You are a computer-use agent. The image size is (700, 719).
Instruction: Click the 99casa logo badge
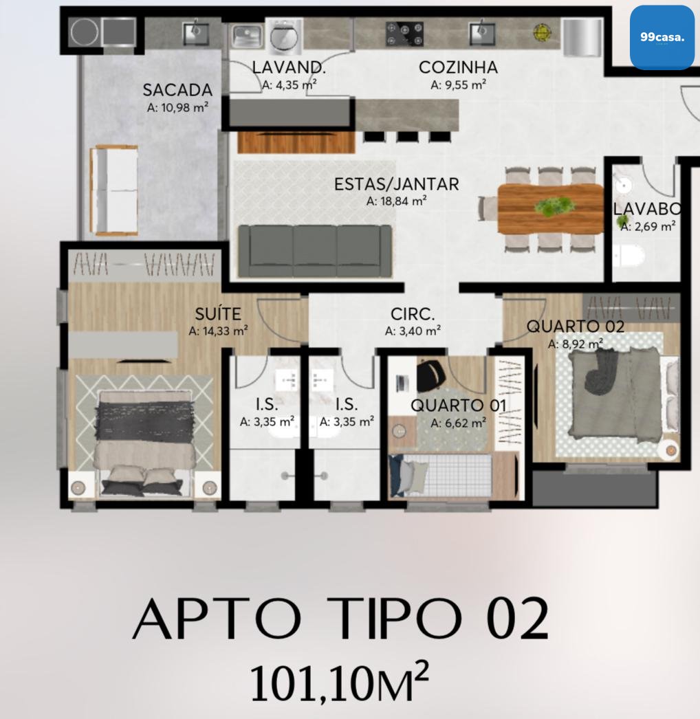(661, 38)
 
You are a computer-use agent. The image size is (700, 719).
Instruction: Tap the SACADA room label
(177, 90)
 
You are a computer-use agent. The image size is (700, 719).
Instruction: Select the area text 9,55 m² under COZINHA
(458, 85)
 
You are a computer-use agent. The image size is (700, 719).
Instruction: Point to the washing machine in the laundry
(285, 34)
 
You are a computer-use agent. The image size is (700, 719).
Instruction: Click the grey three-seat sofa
(315, 252)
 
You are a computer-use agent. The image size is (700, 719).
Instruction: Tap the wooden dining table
(550, 209)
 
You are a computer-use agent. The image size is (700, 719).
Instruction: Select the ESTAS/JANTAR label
(396, 184)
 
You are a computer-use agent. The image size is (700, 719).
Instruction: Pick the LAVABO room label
(647, 209)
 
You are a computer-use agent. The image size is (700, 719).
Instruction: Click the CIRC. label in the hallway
(413, 314)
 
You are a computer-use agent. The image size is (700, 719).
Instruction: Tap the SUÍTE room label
(218, 314)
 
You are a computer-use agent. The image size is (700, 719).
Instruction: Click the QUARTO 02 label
(576, 327)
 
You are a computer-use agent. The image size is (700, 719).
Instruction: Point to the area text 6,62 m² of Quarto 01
(458, 423)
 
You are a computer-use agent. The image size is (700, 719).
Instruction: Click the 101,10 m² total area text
(340, 684)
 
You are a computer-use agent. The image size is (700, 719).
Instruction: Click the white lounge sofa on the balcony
(115, 190)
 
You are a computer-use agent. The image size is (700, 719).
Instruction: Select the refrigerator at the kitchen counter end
(582, 36)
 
